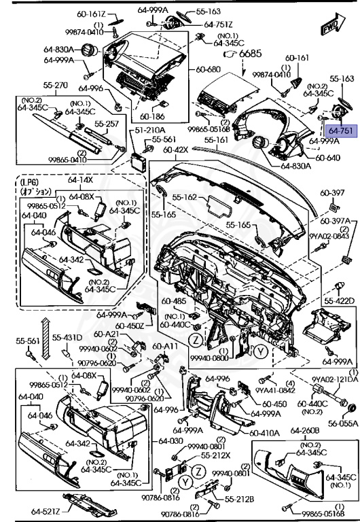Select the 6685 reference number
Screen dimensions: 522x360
(x=249, y=53)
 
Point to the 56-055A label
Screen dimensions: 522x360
(x=341, y=422)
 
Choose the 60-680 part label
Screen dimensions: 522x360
(x=209, y=70)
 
